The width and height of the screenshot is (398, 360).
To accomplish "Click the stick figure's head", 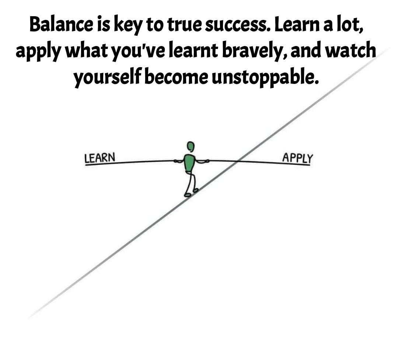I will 190,146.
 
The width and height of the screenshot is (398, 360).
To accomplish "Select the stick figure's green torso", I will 189,163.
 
